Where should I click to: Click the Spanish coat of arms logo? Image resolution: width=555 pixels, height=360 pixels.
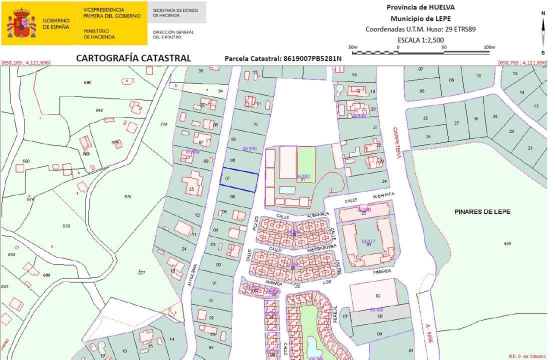pyautogui.click(x=21, y=23)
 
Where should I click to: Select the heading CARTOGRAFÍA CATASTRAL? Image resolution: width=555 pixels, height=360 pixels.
pyautogui.click(x=133, y=58)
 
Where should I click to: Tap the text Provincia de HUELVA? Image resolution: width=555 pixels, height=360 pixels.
pyautogui.click(x=420, y=7)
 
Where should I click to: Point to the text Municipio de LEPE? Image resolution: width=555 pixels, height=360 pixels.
pyautogui.click(x=420, y=18)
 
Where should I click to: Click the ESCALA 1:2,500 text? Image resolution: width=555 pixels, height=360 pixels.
pyautogui.click(x=420, y=40)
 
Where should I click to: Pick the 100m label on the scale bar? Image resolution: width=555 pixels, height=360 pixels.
pyautogui.click(x=489, y=47)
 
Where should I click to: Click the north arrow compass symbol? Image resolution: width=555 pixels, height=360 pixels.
pyautogui.click(x=543, y=32)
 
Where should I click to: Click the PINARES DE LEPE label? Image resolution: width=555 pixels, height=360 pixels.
pyautogui.click(x=482, y=212)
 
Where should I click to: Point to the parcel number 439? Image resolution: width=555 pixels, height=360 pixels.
pyautogui.click(x=507, y=243)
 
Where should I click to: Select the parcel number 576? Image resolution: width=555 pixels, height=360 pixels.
pyautogui.click(x=127, y=196)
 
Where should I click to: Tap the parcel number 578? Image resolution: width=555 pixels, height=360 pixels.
pyautogui.click(x=66, y=226)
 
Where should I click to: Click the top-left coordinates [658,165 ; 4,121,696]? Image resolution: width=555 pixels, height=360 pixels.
pyautogui.click(x=26, y=62)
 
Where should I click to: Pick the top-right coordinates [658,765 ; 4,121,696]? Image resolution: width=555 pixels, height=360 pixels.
pyautogui.click(x=522, y=62)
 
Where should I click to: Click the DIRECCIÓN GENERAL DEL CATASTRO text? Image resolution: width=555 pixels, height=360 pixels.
pyautogui.click(x=173, y=34)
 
